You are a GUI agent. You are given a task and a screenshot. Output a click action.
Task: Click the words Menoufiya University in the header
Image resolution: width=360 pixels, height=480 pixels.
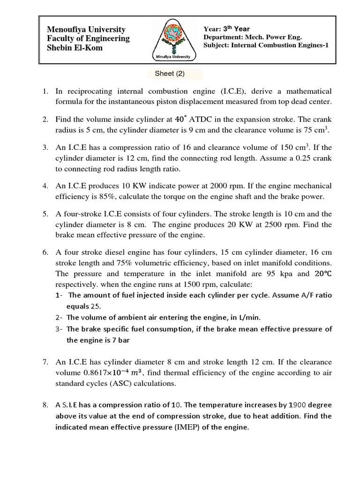coord(86,29)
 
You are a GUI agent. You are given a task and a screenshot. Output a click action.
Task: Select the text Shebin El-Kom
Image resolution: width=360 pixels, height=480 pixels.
coord(75,48)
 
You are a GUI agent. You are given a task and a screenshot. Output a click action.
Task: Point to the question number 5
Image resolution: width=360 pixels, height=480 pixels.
coord(45,214)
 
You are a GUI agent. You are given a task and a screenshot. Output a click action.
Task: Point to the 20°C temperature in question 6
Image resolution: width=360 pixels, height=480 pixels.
coord(320,274)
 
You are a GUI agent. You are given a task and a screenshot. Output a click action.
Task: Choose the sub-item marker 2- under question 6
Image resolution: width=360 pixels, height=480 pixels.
coord(59,317)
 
